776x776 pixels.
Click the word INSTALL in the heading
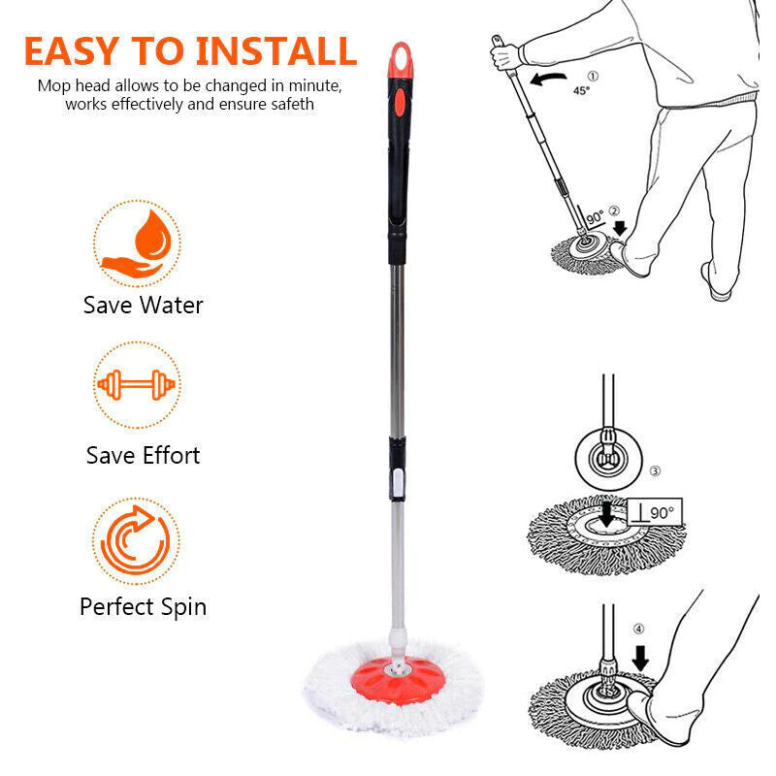click(276, 51)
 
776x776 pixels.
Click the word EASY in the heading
click(71, 51)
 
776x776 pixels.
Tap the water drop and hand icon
click(138, 243)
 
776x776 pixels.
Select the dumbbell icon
click(137, 384)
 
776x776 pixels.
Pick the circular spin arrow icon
click(136, 540)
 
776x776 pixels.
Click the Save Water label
click(143, 305)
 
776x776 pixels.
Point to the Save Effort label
click(143, 455)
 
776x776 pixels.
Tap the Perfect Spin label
click(143, 607)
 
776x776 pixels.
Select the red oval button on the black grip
click(400, 103)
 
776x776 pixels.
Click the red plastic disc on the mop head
click(398, 681)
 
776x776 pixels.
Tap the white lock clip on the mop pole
click(398, 482)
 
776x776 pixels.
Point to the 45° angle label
click(581, 90)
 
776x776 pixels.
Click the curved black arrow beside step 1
click(548, 79)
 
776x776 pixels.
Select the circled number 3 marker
click(655, 470)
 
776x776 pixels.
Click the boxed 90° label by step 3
click(655, 512)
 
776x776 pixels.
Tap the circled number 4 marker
click(639, 629)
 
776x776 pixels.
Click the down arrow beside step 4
click(640, 658)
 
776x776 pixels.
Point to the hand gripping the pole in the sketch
click(504, 55)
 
